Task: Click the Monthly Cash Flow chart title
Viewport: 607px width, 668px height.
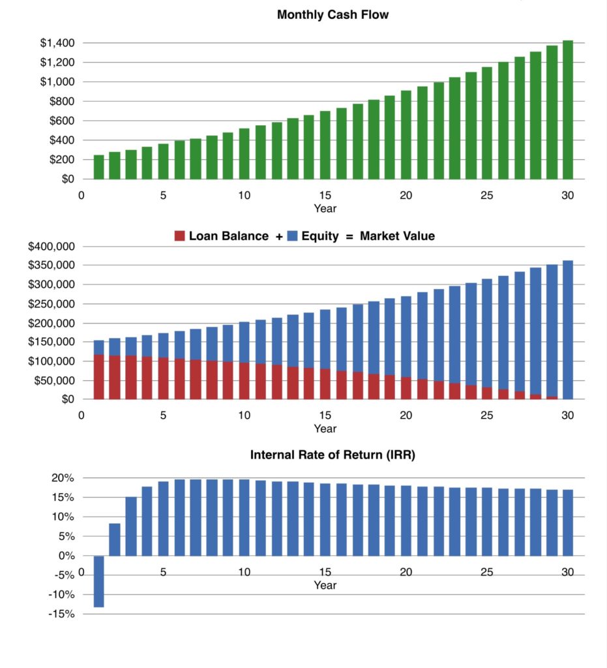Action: coord(333,14)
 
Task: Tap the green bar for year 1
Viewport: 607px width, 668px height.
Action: coord(98,167)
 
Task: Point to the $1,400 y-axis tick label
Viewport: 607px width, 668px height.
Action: coord(57,43)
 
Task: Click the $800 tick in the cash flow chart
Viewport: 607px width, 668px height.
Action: coord(61,101)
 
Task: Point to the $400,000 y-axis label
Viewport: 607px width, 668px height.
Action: coord(52,247)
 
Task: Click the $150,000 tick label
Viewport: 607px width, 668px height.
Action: coord(52,342)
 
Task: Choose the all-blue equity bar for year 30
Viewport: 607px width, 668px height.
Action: coord(567,329)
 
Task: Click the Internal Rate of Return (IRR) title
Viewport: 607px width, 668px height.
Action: coord(333,455)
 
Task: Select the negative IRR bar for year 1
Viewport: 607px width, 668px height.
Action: coord(98,581)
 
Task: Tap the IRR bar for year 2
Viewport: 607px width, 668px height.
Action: coord(115,539)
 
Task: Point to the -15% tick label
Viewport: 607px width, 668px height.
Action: coord(61,614)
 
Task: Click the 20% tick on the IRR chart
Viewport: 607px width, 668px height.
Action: coord(64,478)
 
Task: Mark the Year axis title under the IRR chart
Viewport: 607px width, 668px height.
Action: coord(325,585)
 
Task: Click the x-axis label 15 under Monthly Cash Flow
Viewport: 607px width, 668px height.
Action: coord(325,195)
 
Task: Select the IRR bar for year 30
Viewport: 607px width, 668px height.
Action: coord(567,523)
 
